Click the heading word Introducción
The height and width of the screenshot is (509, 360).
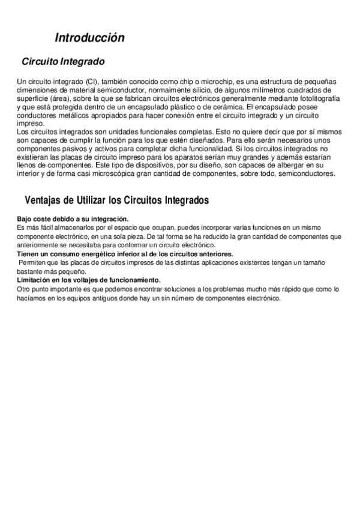[x=89, y=38]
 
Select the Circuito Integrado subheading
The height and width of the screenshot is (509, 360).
[x=63, y=62]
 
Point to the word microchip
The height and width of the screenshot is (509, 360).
[x=205, y=82]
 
